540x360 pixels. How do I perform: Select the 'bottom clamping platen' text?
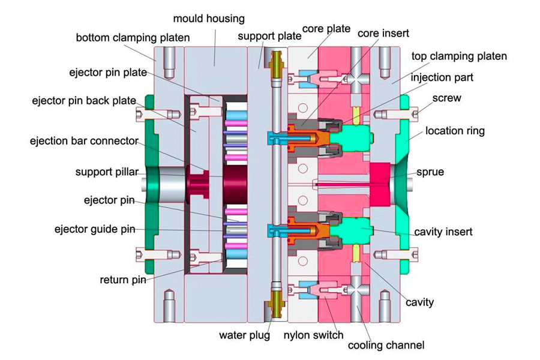click(x=133, y=38)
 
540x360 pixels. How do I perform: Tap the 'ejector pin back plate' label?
click(x=83, y=100)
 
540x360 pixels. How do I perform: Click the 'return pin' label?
click(x=122, y=280)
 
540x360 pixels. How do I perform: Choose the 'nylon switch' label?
click(x=313, y=335)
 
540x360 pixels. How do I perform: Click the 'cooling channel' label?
click(x=386, y=345)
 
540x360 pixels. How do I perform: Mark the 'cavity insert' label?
click(x=443, y=231)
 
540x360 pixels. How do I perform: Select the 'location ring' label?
click(x=455, y=130)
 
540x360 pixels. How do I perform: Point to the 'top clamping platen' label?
click(x=458, y=56)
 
